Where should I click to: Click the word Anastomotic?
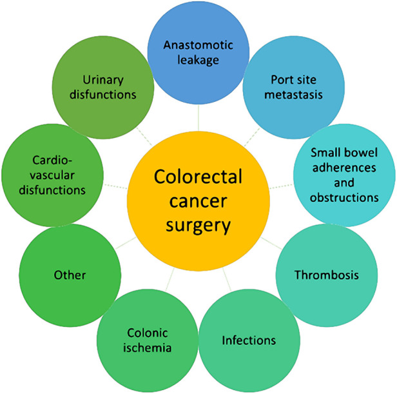pos(198,45)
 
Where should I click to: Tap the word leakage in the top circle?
pos(198,61)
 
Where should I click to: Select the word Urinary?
pos(103,81)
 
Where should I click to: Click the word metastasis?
pos(293,95)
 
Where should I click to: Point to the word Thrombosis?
pos(327,275)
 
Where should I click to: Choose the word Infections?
pos(249,340)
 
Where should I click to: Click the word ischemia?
pos(148,348)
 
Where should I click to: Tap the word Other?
pos(70,275)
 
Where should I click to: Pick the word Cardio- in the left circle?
pos(52,160)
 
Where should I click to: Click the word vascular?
pos(52,175)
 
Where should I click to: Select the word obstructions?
pos(344,197)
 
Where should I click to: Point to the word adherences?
pos(344,168)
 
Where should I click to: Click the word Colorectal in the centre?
pos(198,177)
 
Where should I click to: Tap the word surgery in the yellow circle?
pos(198,226)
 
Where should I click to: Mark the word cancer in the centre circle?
pos(198,201)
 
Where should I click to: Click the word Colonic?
pos(148,333)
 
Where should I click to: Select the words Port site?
pos(294,80)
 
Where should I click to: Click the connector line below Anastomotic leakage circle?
pos(198,117)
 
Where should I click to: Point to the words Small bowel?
pos(344,153)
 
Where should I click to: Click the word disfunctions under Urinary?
pos(103,95)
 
